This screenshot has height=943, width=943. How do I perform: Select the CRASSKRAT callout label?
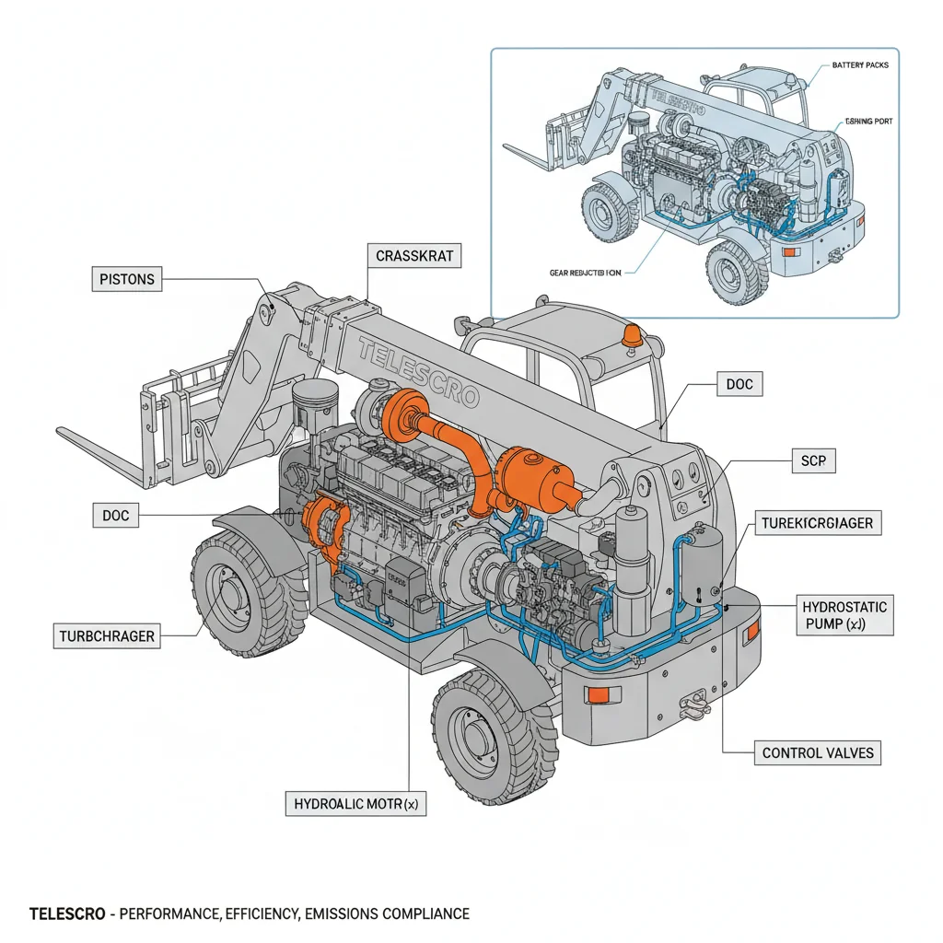click(x=414, y=256)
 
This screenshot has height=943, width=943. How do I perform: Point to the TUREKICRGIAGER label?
click(x=816, y=524)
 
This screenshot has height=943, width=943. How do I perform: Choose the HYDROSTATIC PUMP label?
click(x=844, y=615)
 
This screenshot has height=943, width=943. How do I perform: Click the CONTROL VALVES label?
click(x=817, y=752)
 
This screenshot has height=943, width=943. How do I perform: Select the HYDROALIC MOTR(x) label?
click(x=355, y=803)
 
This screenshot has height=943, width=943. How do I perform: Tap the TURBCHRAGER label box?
click(x=107, y=635)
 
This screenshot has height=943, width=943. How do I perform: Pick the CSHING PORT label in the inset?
click(x=867, y=122)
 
